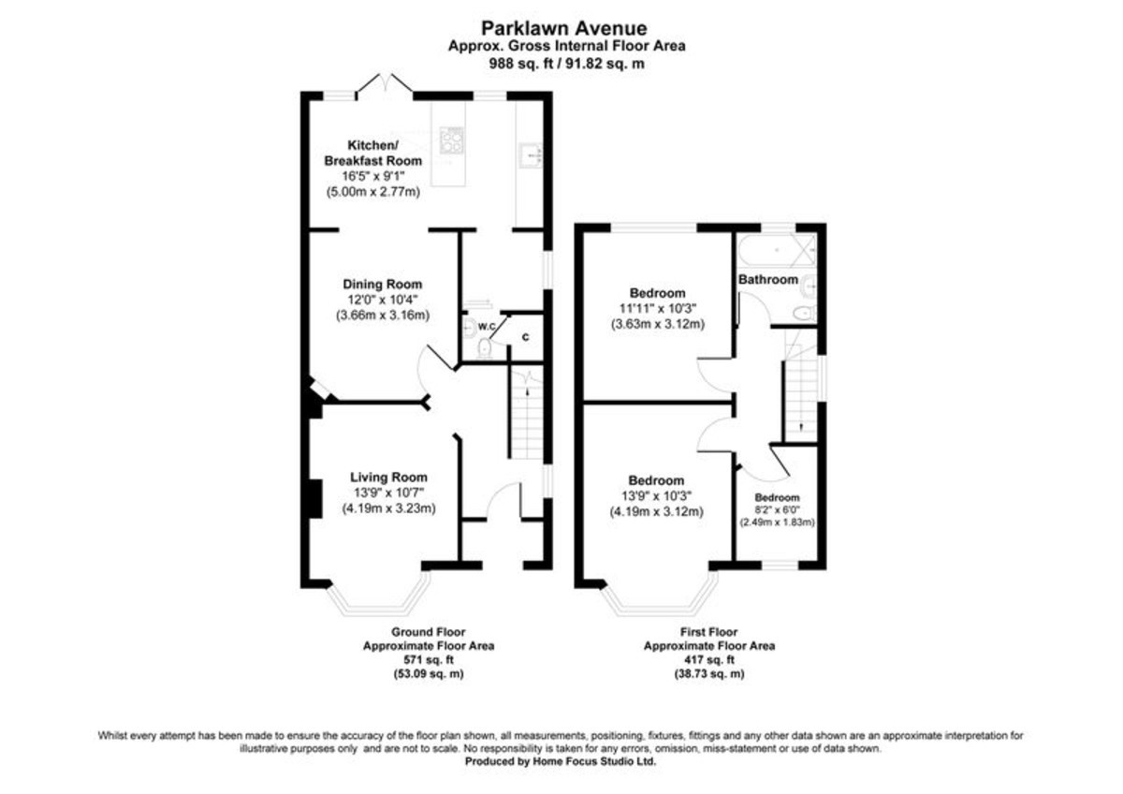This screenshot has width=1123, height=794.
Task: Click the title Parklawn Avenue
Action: coord(564,28)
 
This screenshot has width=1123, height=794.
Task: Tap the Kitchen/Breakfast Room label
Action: coord(373,153)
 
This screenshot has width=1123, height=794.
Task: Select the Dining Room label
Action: coord(383,285)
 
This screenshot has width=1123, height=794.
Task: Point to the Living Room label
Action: coord(388,478)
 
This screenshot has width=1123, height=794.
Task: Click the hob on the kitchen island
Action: coord(451,140)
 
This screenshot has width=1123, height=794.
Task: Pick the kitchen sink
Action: coord(531,155)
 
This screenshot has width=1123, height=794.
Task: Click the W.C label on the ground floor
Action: coord(487,327)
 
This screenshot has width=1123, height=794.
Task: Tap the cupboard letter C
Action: coord(525,338)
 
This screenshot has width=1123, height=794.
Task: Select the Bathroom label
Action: coord(768,279)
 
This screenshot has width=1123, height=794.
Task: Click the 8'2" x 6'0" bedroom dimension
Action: coord(777,509)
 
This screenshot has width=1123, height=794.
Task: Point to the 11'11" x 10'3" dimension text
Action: coord(658,308)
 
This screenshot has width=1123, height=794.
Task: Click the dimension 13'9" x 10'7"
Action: coord(389,493)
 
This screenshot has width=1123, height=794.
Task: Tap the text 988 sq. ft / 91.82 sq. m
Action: coord(566,64)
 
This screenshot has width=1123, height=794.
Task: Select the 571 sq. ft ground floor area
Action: coord(429,660)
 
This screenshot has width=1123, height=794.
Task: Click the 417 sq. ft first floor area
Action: coord(709,660)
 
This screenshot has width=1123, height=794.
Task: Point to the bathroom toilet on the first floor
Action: coord(805,314)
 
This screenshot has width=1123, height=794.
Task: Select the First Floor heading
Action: coord(709,632)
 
